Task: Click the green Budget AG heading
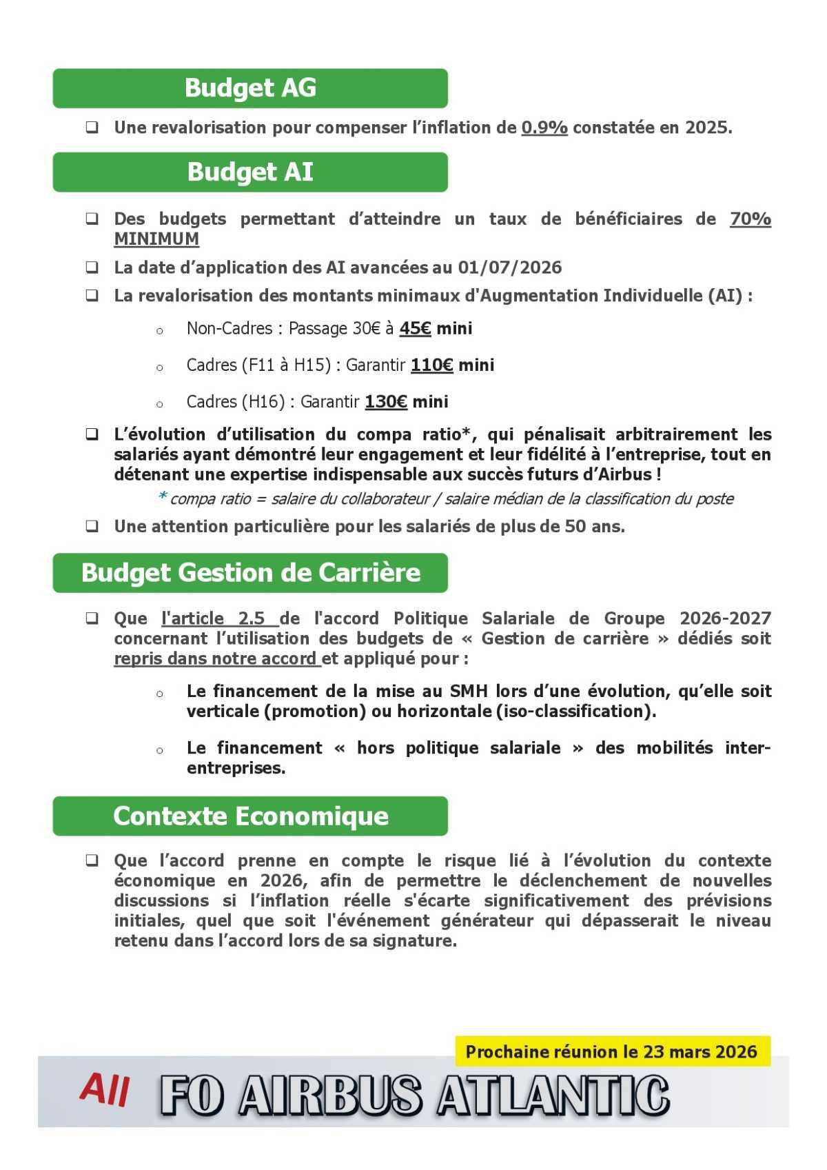[x=250, y=88]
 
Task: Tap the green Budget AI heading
[x=250, y=172]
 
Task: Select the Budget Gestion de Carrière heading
[x=250, y=573]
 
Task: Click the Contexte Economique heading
[x=250, y=816]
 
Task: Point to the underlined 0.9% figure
[x=544, y=128]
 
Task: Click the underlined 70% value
[x=750, y=219]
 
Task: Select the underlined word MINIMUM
[x=156, y=239]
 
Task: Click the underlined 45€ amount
[x=415, y=329]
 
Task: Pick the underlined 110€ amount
[x=431, y=365]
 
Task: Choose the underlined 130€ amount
[x=386, y=402]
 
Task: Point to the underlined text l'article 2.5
[x=219, y=618]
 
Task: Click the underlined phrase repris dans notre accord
[x=216, y=658]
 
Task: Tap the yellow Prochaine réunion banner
[x=612, y=1051]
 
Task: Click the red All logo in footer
[x=104, y=1090]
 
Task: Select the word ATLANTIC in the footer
[x=553, y=1096]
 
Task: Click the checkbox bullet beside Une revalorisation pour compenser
[x=92, y=128]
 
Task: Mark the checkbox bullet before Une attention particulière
[x=92, y=527]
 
